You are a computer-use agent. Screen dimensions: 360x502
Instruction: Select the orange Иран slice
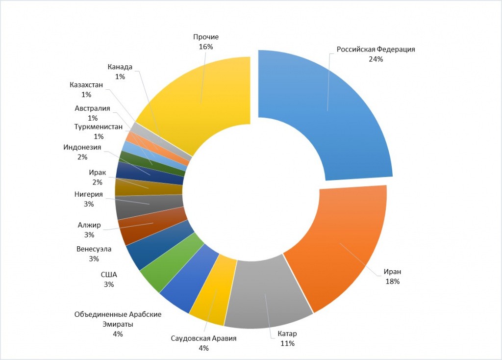(343, 245)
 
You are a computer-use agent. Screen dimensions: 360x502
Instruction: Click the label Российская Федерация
(376, 50)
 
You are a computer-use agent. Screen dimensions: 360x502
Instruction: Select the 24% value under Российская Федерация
(376, 59)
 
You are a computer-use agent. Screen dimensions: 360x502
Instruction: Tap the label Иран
(393, 272)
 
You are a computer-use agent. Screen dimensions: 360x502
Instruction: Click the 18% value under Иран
(393, 282)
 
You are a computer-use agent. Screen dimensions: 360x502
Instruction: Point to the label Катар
(287, 334)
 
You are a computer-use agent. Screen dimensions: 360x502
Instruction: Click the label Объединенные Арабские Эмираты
(118, 319)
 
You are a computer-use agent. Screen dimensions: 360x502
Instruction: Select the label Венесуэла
(94, 249)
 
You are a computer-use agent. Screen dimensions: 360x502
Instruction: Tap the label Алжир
(89, 225)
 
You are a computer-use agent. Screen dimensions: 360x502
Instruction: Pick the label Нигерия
(89, 194)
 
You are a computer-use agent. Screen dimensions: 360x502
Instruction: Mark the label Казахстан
(86, 85)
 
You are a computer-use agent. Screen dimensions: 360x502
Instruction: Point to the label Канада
(120, 67)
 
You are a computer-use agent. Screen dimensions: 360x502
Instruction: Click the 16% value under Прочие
(206, 47)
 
